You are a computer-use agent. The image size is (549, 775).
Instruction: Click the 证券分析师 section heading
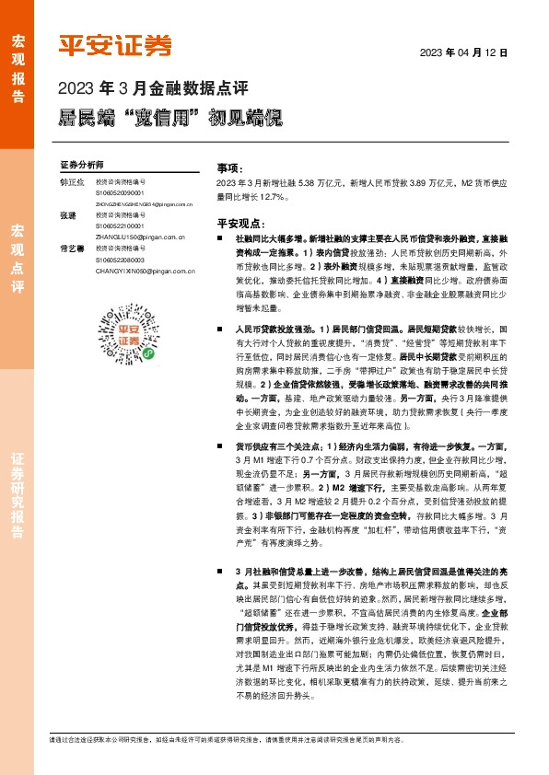coord(82,164)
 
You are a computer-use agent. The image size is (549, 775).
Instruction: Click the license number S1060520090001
coord(127,193)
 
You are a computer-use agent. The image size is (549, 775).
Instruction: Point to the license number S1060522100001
coord(127,226)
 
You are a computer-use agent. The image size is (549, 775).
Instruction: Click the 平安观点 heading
coord(239,223)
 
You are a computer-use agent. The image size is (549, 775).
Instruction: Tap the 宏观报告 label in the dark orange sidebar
coord(17,68)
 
